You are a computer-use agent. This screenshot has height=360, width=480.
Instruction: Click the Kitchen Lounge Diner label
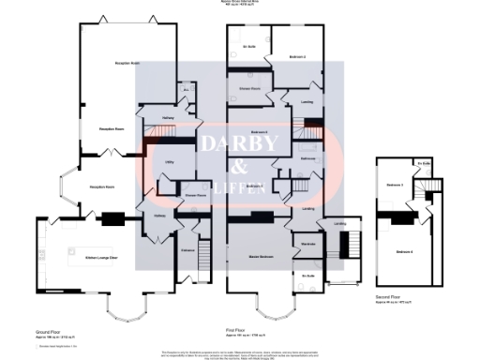[x=100, y=256]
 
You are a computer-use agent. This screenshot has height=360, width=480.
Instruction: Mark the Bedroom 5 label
[x=254, y=186]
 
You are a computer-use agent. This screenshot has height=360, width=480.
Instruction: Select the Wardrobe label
[x=307, y=245]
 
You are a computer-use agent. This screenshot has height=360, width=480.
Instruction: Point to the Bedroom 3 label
[x=395, y=185]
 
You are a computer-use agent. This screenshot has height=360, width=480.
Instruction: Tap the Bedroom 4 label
[x=404, y=251]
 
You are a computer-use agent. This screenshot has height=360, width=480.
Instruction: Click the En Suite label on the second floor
[x=423, y=164]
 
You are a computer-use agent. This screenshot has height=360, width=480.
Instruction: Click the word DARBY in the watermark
[x=240, y=144]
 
